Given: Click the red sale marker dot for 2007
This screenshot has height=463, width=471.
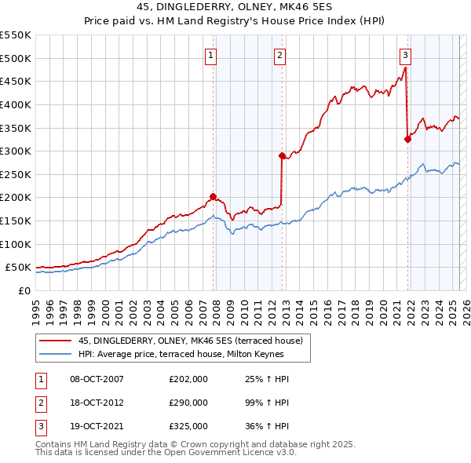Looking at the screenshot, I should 213,197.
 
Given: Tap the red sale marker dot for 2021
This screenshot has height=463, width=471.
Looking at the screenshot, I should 407,140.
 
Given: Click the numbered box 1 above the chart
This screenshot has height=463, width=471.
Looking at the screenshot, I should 213,55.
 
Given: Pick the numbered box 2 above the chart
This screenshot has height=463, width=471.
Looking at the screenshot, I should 279,55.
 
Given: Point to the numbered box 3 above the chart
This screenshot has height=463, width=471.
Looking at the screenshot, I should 405,55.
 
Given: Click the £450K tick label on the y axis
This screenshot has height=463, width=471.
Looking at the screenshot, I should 16,81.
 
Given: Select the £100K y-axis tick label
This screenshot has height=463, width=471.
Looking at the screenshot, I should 16,244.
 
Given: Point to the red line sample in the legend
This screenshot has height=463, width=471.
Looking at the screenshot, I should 56,340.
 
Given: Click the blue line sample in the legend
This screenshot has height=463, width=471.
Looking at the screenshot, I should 56,354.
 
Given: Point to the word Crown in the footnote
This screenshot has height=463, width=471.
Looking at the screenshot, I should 196,444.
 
